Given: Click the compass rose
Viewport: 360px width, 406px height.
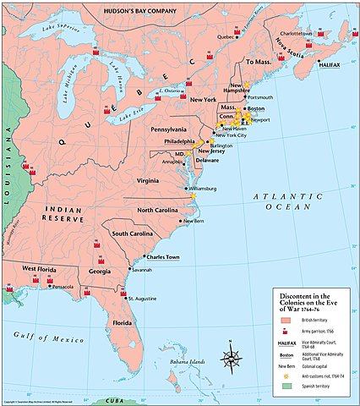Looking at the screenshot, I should point(231,358).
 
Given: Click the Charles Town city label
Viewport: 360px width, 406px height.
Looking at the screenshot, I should point(161,256).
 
